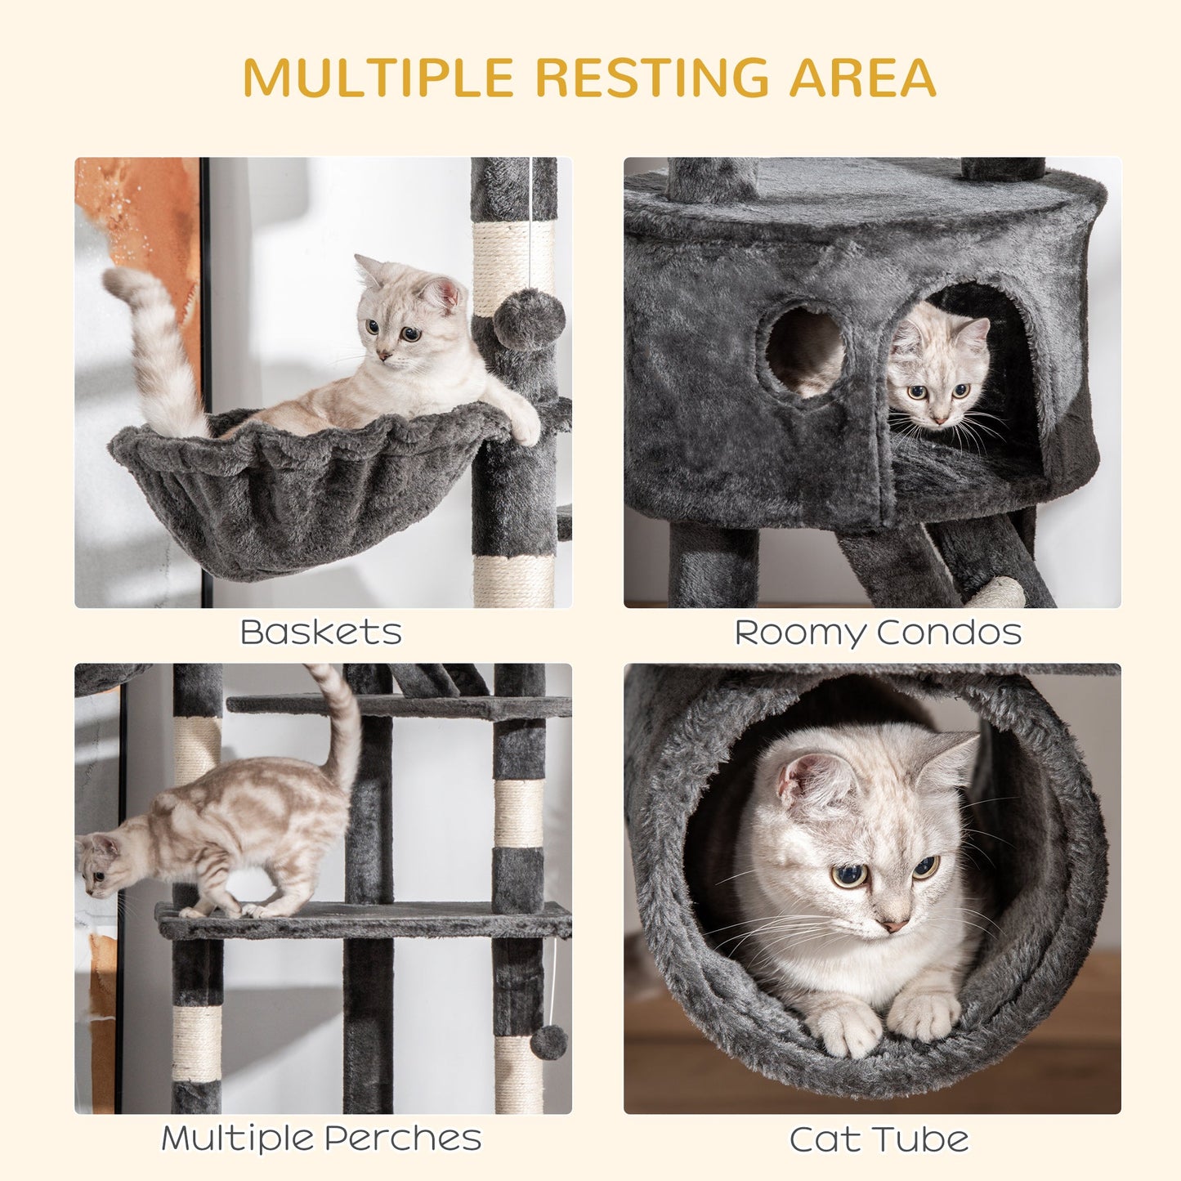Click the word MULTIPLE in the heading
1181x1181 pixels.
tap(378, 78)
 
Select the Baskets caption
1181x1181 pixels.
tap(321, 633)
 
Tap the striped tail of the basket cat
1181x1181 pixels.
tap(155, 351)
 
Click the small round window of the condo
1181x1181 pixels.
tap(805, 351)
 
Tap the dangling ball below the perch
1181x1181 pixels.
tap(548, 1042)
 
